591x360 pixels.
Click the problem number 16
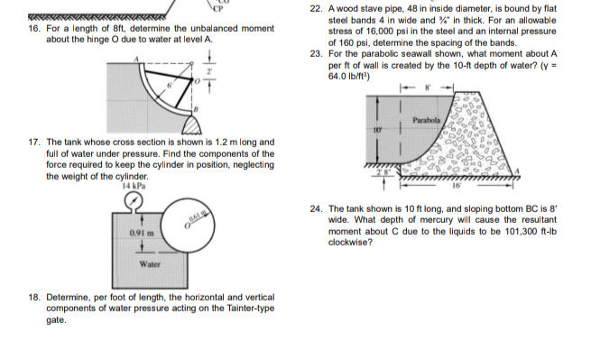tap(34, 29)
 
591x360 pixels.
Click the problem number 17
tap(34, 143)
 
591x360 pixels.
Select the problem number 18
tap(34, 297)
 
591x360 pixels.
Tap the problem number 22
tap(315, 6)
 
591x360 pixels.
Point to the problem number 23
tap(315, 53)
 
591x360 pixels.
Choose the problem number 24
tap(315, 208)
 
